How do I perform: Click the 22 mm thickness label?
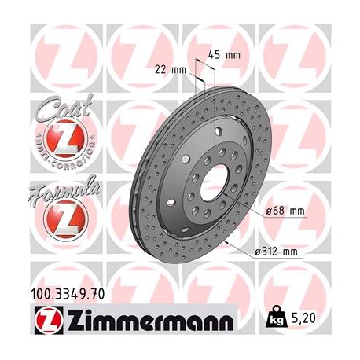pyautogui.click(x=173, y=69)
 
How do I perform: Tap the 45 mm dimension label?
pyautogui.click(x=224, y=55)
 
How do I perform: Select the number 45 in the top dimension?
pyautogui.click(x=215, y=55)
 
